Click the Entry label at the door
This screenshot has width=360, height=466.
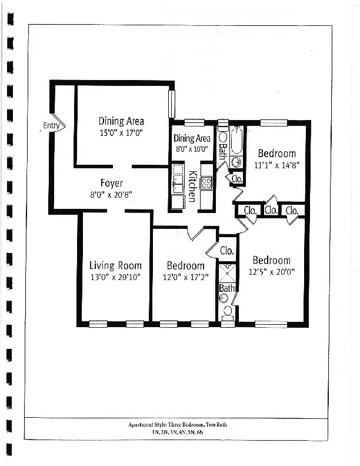pyautogui.click(x=51, y=125)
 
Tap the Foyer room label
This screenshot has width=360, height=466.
pyautogui.click(x=111, y=182)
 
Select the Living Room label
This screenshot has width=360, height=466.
pyautogui.click(x=115, y=265)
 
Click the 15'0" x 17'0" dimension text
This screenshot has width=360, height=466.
pyautogui.click(x=121, y=133)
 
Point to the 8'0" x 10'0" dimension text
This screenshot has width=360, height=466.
pyautogui.click(x=192, y=149)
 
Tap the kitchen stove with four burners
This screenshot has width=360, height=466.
pyautogui.click(x=206, y=182)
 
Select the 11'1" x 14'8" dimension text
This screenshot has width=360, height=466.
pyautogui.click(x=277, y=165)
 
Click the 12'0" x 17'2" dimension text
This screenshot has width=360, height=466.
pyautogui.click(x=185, y=277)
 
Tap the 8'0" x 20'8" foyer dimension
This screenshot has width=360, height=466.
pyautogui.click(x=111, y=194)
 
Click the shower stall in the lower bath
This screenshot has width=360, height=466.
pyautogui.click(x=227, y=274)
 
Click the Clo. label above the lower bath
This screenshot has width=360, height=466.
pyautogui.click(x=227, y=251)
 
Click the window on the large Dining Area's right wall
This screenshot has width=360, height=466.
pyautogui.click(x=172, y=104)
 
